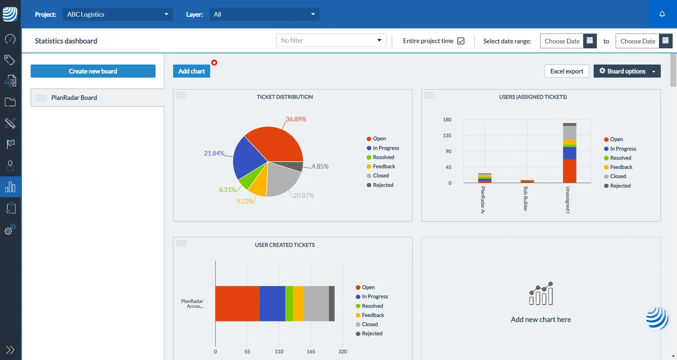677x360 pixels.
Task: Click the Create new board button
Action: [93, 71]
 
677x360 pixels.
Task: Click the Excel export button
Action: [567, 71]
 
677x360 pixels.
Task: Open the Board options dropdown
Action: [627, 71]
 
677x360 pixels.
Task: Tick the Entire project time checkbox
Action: [461, 41]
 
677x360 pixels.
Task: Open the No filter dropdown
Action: [331, 40]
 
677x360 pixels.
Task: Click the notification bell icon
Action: [662, 14]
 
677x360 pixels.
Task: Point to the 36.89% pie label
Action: [296, 119]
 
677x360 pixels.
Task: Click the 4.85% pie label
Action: [320, 166]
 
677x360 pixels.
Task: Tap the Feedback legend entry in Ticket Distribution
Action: [381, 166]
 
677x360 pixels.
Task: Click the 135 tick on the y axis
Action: [447, 135]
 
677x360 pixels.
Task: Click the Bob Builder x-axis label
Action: [525, 198]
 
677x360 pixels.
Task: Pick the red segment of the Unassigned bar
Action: [570, 171]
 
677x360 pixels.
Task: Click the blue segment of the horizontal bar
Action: [272, 303]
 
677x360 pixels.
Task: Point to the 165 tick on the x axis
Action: [311, 352]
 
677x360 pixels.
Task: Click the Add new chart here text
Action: [541, 319]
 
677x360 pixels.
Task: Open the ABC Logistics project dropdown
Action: [118, 14]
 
